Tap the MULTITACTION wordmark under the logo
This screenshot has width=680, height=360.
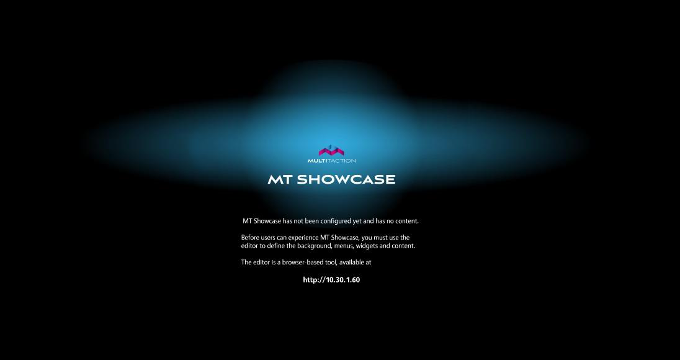(x=331, y=161)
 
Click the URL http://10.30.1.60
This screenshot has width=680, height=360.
(x=331, y=280)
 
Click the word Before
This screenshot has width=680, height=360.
(x=251, y=238)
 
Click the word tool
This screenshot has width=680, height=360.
(x=329, y=263)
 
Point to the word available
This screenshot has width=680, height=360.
(x=351, y=263)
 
